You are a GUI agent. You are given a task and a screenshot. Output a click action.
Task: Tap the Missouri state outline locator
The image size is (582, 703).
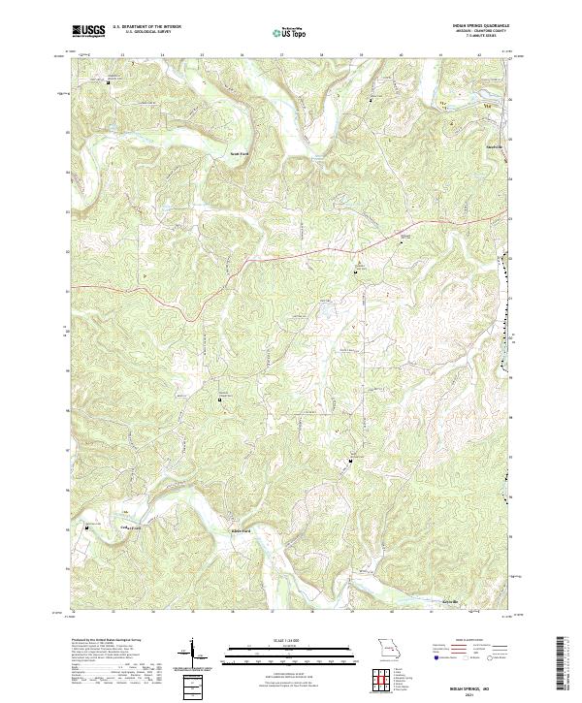point(387,648)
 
